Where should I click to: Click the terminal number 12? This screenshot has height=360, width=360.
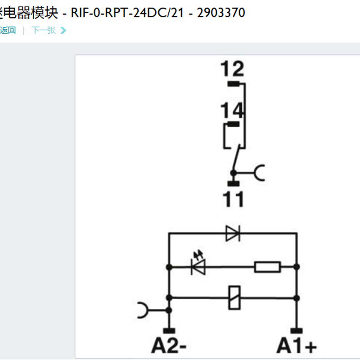232,69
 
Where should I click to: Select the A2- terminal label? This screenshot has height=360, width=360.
169,346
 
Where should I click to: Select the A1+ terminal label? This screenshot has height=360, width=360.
297,346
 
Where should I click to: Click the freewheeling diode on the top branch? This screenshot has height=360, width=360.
233,234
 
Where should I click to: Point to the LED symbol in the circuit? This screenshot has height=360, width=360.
198,266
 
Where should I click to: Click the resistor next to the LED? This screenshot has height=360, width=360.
267,267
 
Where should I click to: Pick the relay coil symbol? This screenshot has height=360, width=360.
234,297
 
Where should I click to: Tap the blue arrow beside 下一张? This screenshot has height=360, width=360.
63,30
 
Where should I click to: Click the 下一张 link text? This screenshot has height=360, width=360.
43,30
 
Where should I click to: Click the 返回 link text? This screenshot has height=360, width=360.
8,30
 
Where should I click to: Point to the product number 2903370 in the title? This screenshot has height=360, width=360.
221,13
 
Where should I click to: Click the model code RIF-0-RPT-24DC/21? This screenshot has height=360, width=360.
128,13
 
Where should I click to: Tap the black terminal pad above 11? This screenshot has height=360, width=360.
233,183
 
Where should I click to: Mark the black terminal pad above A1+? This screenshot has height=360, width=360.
297,331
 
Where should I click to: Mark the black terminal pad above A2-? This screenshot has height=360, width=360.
169,331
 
